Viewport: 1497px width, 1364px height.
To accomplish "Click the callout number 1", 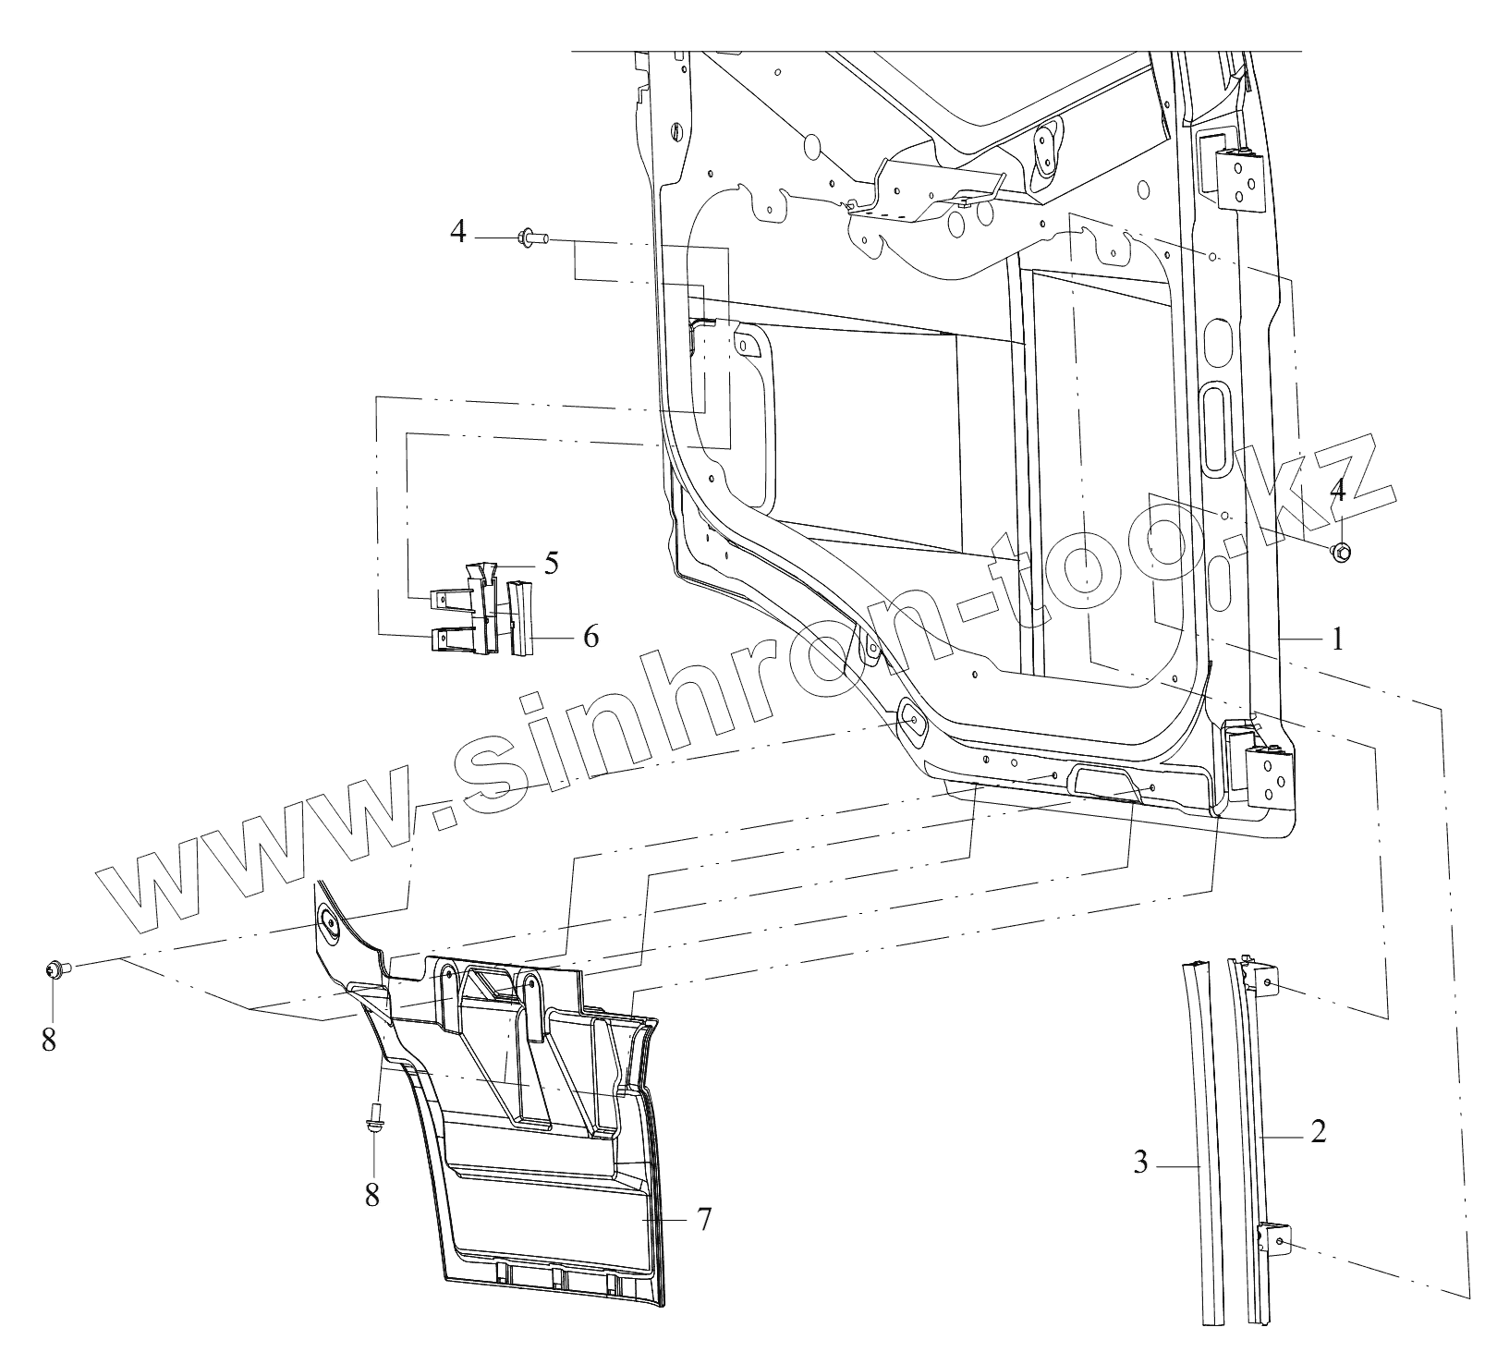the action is (1337, 639).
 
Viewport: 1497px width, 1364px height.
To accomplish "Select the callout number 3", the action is (1141, 1163).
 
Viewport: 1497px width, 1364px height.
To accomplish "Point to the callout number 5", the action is (552, 564).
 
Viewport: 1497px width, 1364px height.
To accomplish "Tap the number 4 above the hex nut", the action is (1337, 491).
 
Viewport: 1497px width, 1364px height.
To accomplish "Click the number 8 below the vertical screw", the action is (372, 1195).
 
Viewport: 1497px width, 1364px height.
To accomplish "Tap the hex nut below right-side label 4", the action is (1341, 553).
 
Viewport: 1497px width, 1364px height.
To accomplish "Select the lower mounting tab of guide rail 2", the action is (1276, 1243).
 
